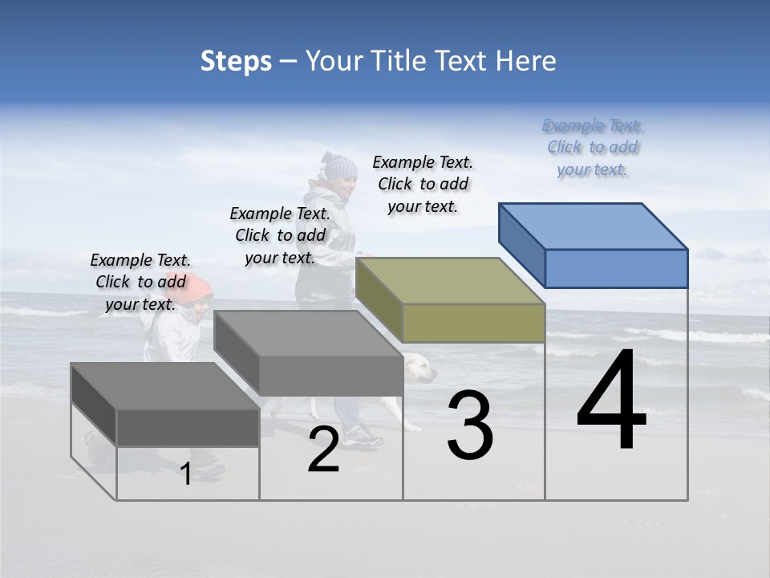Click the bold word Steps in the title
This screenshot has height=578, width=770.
[236, 61]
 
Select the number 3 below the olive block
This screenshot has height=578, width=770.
[470, 425]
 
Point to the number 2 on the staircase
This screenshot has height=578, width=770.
[323, 450]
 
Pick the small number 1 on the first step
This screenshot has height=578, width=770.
[186, 474]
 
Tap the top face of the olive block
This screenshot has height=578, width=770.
[449, 280]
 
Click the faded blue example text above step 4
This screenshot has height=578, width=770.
[593, 148]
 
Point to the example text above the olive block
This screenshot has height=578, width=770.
[423, 185]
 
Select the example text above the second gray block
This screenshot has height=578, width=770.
[280, 235]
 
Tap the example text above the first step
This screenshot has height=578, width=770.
[140, 282]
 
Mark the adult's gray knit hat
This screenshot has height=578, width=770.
[339, 165]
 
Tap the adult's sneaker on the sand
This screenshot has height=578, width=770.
[363, 436]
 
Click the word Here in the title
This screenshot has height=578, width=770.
[525, 61]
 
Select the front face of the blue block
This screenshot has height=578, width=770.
[616, 268]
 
